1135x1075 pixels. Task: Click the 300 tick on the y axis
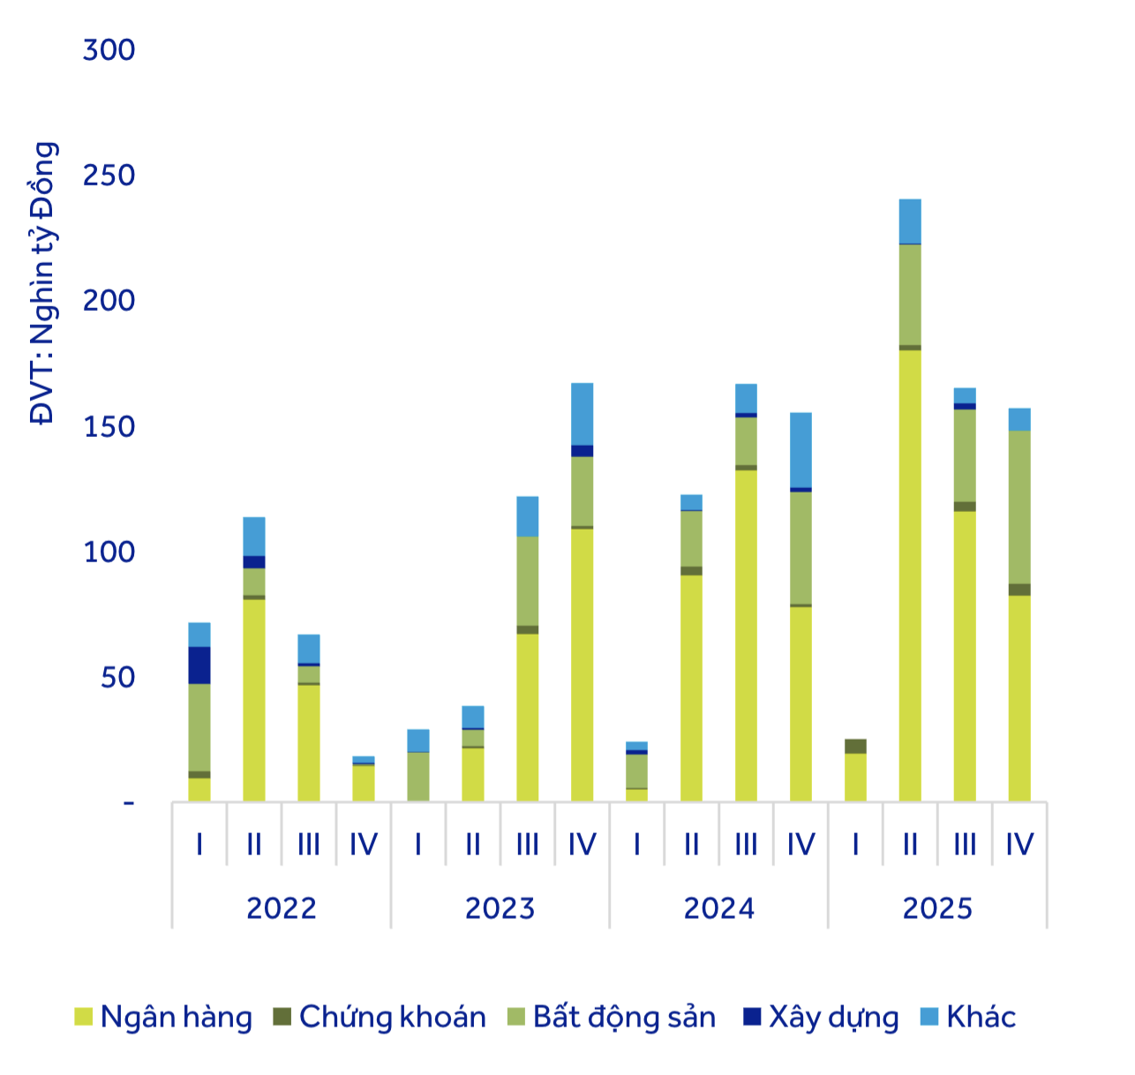click(x=109, y=50)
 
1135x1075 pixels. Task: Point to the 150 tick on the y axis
click(x=109, y=426)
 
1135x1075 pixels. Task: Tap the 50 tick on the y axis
click(x=117, y=678)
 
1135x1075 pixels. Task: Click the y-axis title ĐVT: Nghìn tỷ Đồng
click(x=42, y=282)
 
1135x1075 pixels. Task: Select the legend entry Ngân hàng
click(x=176, y=1017)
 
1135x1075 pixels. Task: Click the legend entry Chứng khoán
click(x=392, y=1017)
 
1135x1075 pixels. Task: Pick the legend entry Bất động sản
click(x=624, y=1017)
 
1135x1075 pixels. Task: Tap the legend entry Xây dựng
click(x=833, y=1017)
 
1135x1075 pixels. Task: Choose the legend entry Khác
click(x=981, y=1017)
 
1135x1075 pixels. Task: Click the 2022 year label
click(x=281, y=908)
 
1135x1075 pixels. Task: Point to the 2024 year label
click(x=718, y=908)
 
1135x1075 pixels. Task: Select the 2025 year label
click(x=937, y=908)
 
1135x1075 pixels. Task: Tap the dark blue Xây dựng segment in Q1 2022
click(x=199, y=665)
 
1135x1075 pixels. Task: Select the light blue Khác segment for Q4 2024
click(x=801, y=450)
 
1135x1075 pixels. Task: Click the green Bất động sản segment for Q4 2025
click(x=1019, y=507)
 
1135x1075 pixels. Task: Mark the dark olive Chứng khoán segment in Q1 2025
click(x=855, y=747)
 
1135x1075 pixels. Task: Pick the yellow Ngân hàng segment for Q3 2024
click(x=746, y=635)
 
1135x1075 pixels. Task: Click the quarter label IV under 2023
click(x=582, y=845)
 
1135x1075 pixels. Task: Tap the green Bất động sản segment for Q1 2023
click(x=418, y=777)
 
